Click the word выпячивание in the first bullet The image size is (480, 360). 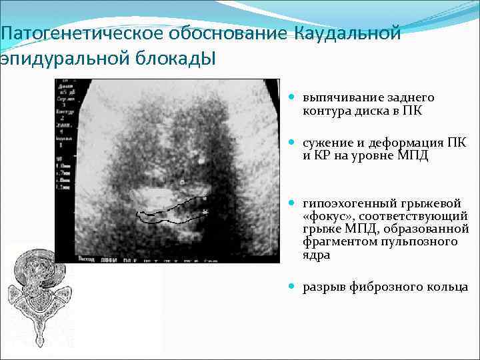point(337,98)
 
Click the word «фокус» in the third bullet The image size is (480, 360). point(325,217)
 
